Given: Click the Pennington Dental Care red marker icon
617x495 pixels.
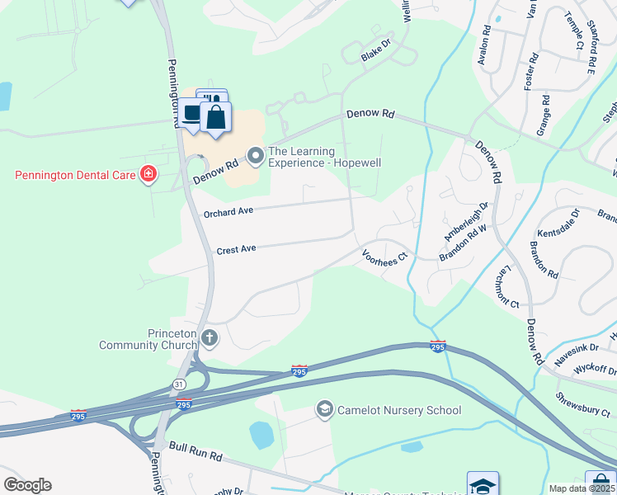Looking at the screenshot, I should [x=148, y=175].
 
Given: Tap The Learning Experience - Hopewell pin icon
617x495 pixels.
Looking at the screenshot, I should [x=256, y=154].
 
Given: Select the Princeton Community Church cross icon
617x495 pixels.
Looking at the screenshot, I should [x=210, y=337].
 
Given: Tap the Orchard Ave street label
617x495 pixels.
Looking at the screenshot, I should [x=228, y=212].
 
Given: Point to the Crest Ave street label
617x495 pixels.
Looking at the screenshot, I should [x=237, y=248].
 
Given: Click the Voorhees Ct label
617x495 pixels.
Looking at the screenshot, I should [x=384, y=256].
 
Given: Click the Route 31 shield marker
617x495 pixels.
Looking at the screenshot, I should [x=179, y=384].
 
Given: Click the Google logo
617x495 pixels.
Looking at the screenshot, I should [x=27, y=485].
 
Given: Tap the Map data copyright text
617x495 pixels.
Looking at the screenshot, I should [x=582, y=488].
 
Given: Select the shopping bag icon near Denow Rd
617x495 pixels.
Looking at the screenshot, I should [x=215, y=116].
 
